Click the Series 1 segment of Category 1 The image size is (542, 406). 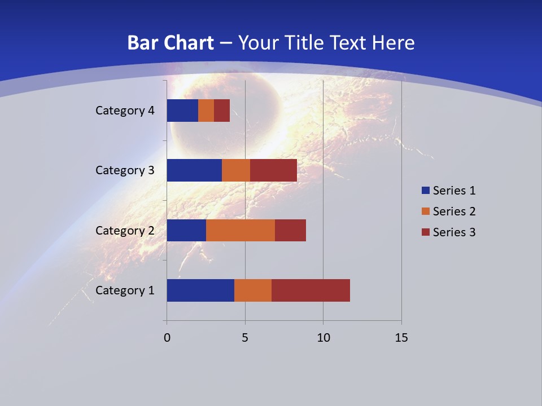[x=200, y=290]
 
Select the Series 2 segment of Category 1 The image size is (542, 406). [x=253, y=290]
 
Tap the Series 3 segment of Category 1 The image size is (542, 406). [x=311, y=290]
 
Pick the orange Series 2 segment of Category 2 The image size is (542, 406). [x=241, y=230]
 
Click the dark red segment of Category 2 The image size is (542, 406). [x=290, y=230]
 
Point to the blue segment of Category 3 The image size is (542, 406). [x=194, y=170]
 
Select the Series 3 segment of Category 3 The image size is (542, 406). [x=273, y=170]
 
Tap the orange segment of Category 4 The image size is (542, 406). [x=206, y=111]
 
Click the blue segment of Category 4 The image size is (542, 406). [x=182, y=111]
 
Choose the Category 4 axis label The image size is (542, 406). [x=125, y=111]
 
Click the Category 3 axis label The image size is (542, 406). [x=125, y=170]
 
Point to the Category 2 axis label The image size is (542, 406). [x=125, y=230]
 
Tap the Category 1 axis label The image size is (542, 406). [x=125, y=290]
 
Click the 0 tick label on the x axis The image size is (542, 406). [x=167, y=338]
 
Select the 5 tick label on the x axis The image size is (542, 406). [x=245, y=338]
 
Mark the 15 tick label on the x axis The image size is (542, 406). [x=401, y=338]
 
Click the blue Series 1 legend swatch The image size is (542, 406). [x=425, y=191]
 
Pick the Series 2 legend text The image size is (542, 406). [x=454, y=211]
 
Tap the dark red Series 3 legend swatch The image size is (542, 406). [x=425, y=232]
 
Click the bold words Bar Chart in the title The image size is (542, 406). [x=171, y=43]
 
